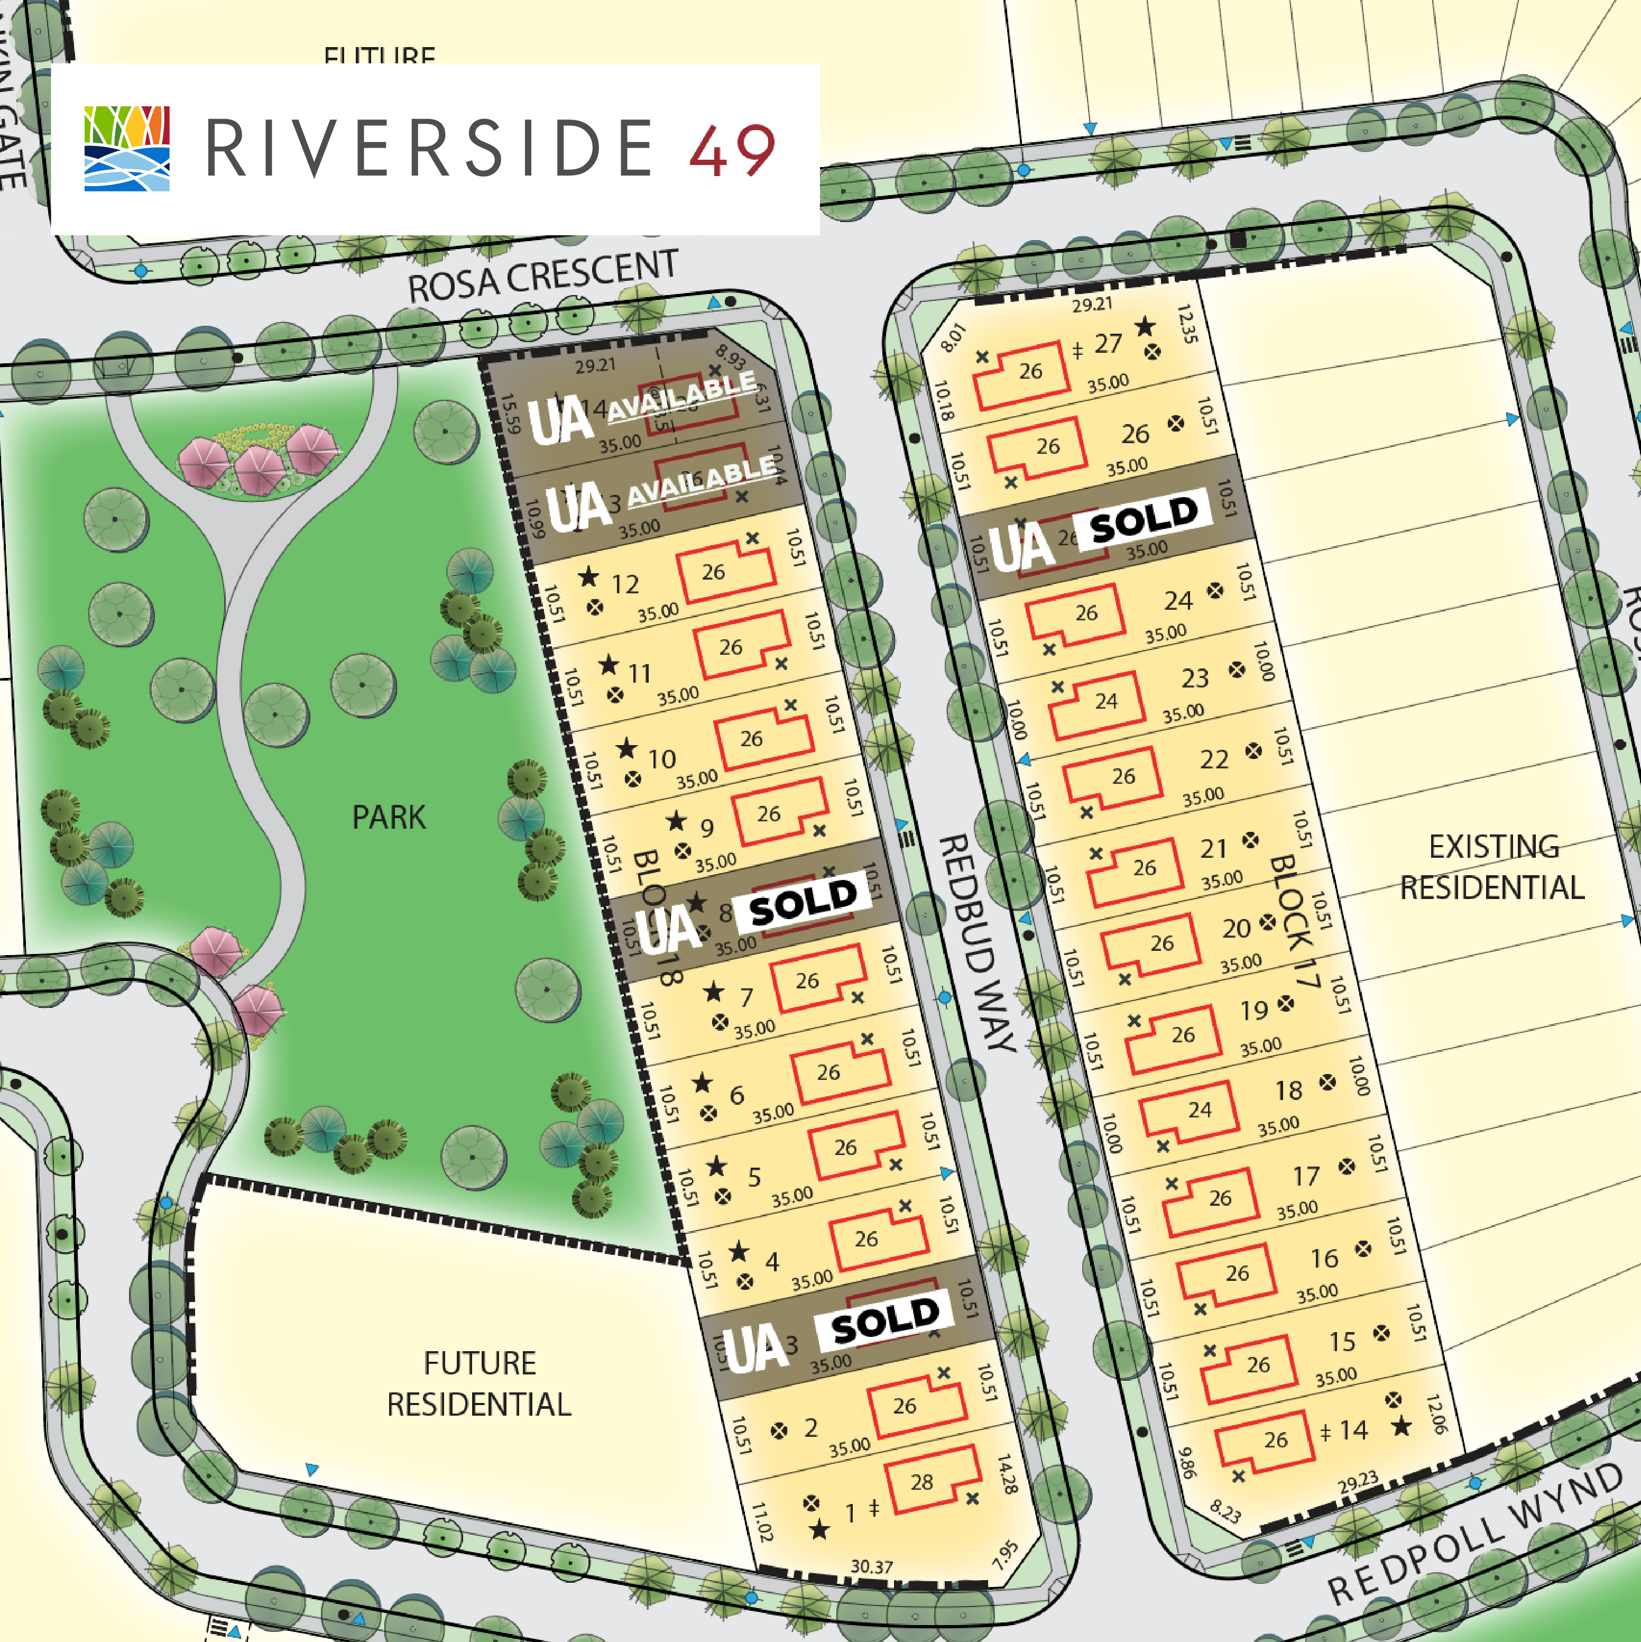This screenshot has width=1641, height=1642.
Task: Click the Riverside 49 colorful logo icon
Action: [127, 148]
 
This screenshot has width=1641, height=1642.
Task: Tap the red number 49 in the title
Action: [732, 150]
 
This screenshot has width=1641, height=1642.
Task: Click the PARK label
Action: [389, 818]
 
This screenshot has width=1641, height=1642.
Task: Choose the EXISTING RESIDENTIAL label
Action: [1492, 867]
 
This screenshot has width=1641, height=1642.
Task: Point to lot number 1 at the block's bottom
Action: [850, 1513]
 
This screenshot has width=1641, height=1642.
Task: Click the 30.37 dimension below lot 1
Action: [871, 1566]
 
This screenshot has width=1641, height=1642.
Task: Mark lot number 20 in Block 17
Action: [1237, 928]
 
